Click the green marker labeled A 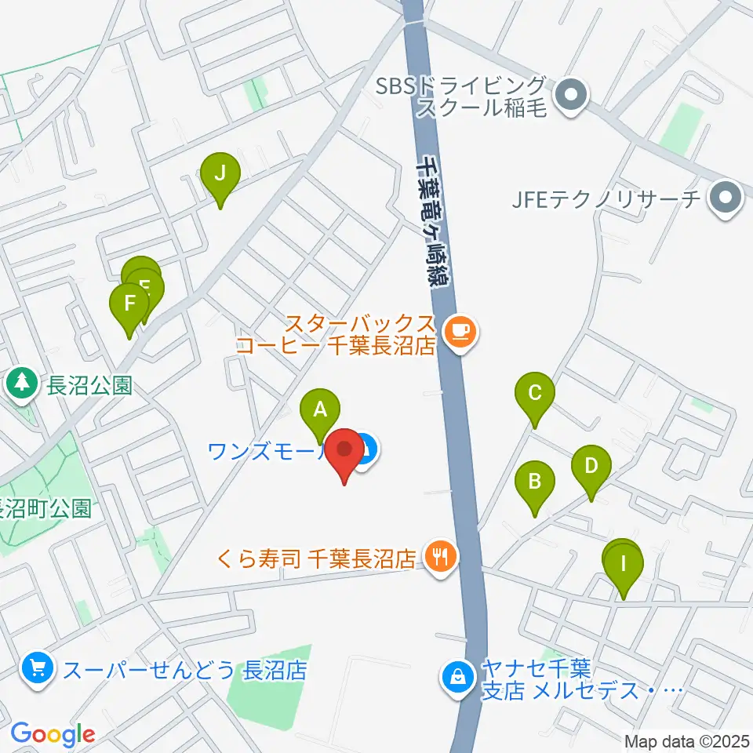(320, 409)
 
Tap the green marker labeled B (535, 481)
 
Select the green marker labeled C (535, 392)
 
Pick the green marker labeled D (591, 466)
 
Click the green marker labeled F (130, 303)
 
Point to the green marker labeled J (220, 173)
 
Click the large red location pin (345, 452)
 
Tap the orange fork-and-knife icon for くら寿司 (438, 557)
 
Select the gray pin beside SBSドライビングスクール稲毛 (570, 96)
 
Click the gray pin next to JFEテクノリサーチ (726, 198)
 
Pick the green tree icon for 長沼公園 (23, 384)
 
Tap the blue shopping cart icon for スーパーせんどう (37, 669)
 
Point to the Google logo (53, 734)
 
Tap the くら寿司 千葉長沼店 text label (316, 558)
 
